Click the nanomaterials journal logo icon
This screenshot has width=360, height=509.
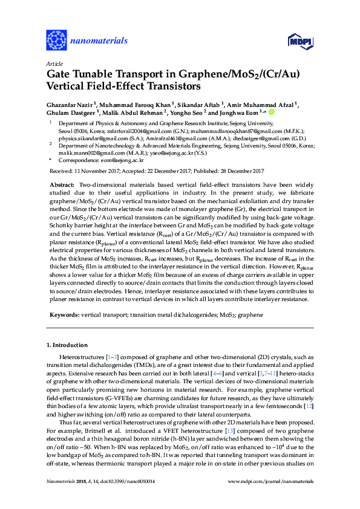coord(56,41)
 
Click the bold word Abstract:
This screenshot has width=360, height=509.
coord(62,183)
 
